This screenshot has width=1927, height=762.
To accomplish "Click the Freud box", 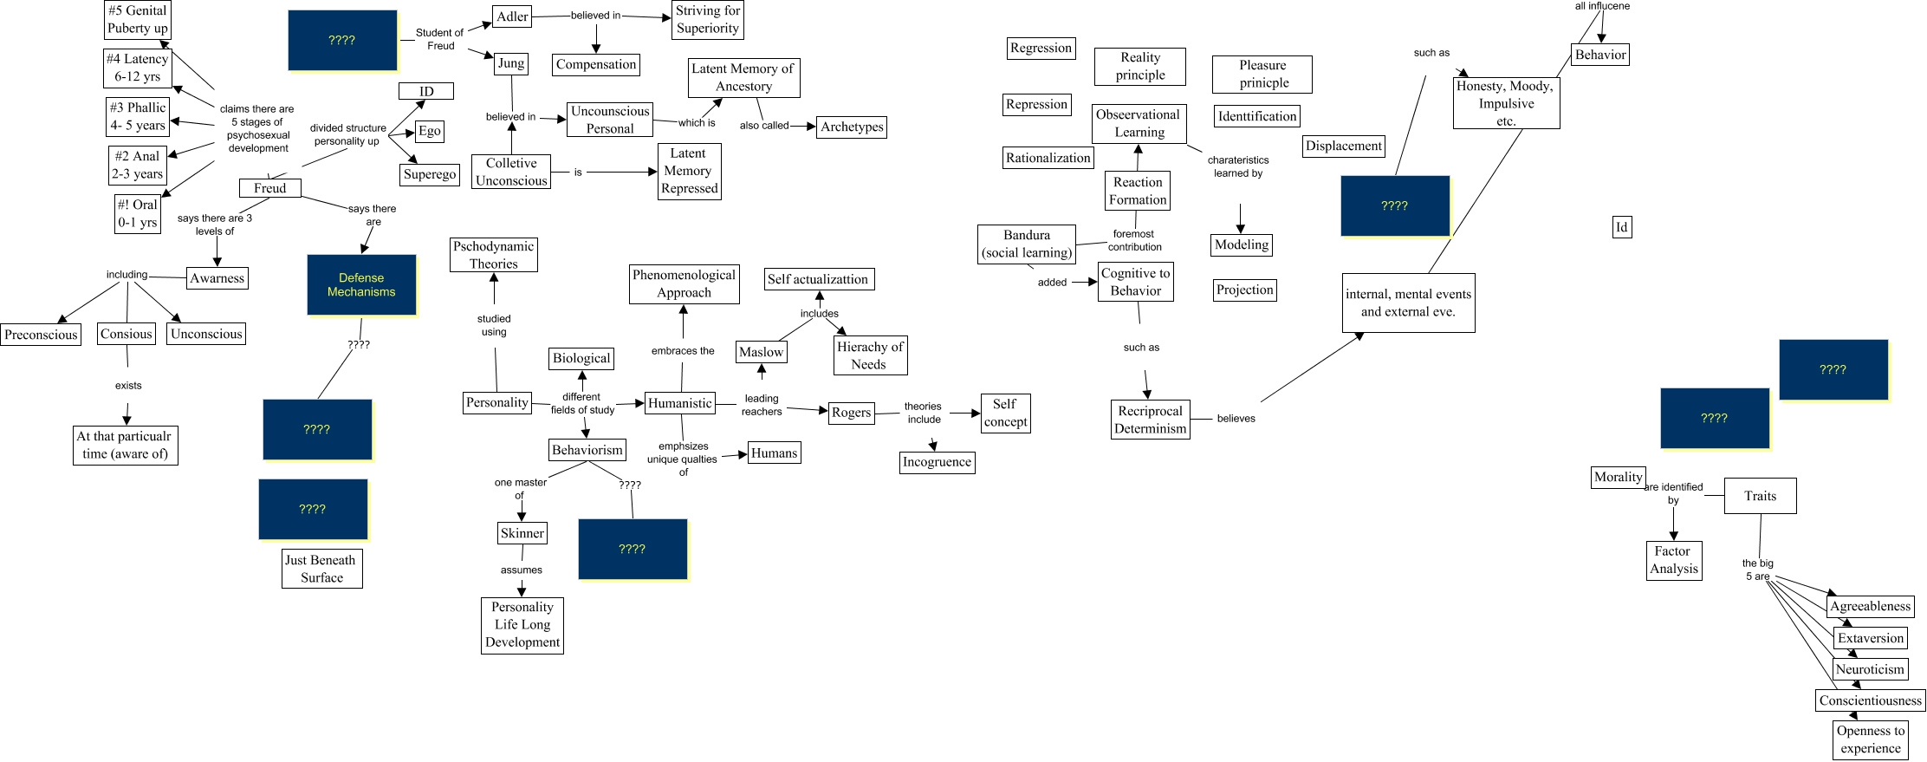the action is pos(269,188).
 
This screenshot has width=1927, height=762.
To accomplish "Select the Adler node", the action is pos(512,16).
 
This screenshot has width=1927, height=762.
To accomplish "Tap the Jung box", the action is pos(511,63).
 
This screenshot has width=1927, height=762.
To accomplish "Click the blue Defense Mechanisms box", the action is pos(361,284).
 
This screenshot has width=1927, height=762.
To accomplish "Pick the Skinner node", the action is pos(522,533).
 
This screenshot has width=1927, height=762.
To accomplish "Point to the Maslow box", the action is pos(761,352).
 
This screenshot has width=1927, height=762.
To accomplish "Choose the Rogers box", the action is pos(851,413).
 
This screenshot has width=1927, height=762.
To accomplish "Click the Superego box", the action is pos(430,174).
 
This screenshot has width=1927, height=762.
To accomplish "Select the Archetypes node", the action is pos(852,127).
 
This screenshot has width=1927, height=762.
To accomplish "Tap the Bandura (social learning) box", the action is pos(1027,244).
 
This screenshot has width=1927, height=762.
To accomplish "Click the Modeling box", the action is pos(1241,244).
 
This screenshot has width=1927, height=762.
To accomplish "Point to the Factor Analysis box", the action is pos(1673,560).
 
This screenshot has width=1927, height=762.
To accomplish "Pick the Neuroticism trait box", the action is pos(1870,669).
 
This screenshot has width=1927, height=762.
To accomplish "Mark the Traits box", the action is pos(1760,496).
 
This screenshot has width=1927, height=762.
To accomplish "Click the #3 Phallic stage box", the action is pos(137,116).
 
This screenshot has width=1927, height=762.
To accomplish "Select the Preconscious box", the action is pos(41,335).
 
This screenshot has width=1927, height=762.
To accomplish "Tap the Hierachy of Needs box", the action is pos(869,355).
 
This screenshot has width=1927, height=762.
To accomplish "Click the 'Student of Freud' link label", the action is pos(439,39).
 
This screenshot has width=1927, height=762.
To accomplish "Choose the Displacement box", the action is pos(1343,146).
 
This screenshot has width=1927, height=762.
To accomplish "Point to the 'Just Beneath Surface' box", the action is pos(321,569).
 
